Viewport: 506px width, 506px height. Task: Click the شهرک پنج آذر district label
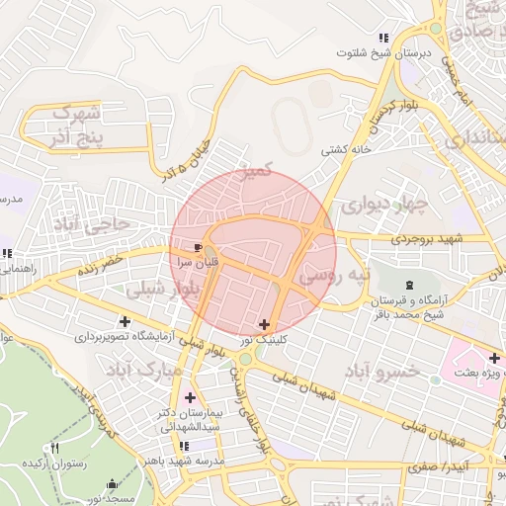tap(74, 122)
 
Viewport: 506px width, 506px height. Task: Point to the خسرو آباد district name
tap(383, 372)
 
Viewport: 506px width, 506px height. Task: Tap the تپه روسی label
tap(336, 274)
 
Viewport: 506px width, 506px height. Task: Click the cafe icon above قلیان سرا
tap(200, 247)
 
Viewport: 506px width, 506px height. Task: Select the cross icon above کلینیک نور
tap(264, 324)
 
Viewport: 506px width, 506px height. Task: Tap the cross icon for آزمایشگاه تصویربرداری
tap(125, 321)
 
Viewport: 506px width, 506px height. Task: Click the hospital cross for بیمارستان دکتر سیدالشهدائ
tap(190, 397)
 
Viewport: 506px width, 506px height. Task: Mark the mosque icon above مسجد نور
tap(111, 484)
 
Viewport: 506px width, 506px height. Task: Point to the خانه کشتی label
tap(345, 150)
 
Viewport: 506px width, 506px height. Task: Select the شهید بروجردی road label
tap(426, 238)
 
